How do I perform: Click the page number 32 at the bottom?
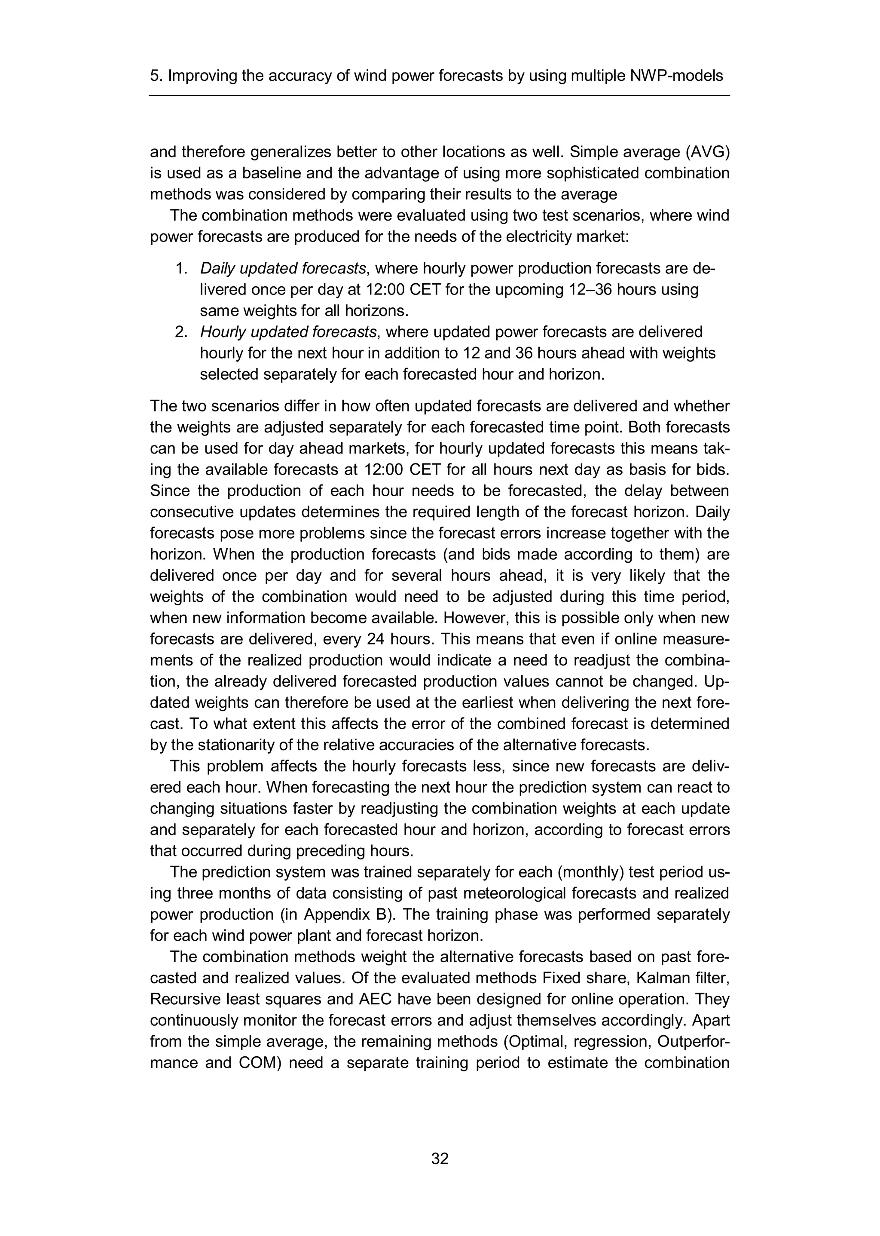pos(440,1159)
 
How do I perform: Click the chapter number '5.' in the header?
pos(156,76)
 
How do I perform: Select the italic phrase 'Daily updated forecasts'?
pos(283,268)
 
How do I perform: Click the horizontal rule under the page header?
pos(440,96)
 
